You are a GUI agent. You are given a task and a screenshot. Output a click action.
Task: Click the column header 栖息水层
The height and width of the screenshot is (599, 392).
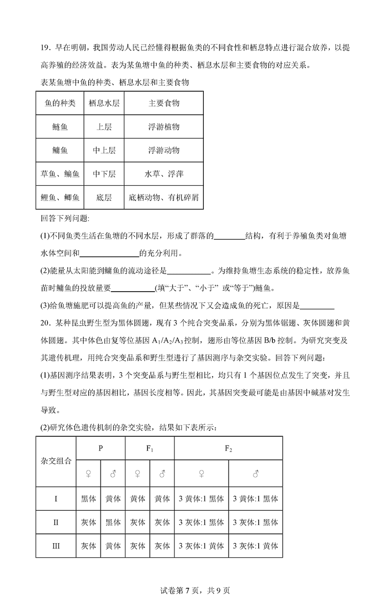click(104, 103)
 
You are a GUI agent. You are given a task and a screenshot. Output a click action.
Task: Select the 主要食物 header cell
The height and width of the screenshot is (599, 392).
click(164, 103)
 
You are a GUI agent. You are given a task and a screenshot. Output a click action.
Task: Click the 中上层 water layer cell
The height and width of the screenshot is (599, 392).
click(104, 150)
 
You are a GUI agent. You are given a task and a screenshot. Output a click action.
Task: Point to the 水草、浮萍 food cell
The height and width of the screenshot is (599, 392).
click(164, 174)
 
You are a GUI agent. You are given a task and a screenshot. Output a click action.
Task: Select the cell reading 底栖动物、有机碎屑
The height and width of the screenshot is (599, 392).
click(164, 198)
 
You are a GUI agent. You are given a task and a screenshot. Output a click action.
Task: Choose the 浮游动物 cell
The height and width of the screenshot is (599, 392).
click(164, 150)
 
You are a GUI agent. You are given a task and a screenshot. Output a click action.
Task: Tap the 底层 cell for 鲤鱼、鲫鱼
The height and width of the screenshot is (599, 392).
click(104, 198)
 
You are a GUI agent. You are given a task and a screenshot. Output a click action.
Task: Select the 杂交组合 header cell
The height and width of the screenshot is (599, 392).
click(56, 461)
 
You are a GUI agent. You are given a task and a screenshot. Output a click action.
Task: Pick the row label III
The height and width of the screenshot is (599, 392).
click(56, 546)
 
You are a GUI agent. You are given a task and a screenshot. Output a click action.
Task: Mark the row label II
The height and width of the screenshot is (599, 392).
click(56, 522)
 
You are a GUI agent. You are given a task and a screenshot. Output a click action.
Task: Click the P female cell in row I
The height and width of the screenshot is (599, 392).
click(89, 499)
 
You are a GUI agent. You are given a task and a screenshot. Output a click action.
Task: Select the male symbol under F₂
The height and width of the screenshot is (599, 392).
click(255, 474)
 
